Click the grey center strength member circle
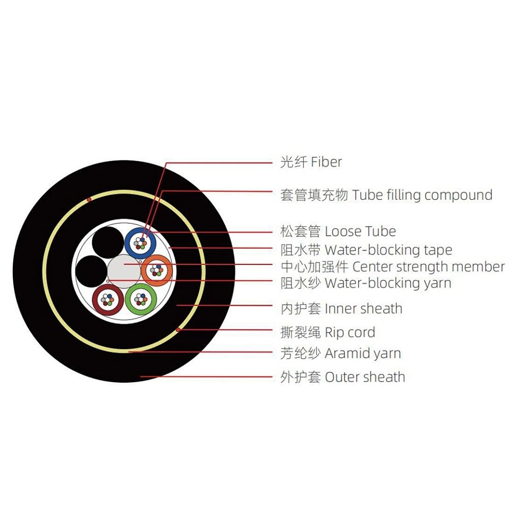(x=124, y=272)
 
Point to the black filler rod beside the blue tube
(x=108, y=243)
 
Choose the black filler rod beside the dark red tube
(x=91, y=271)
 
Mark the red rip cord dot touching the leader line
(x=178, y=329)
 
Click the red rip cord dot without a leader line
(x=89, y=199)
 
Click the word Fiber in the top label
(x=326, y=162)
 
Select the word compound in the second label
(x=458, y=195)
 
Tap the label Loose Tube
(x=360, y=231)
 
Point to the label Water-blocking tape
(x=388, y=250)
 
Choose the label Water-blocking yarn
(x=388, y=283)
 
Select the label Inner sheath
(x=363, y=309)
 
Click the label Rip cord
(x=350, y=333)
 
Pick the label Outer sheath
(x=365, y=377)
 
